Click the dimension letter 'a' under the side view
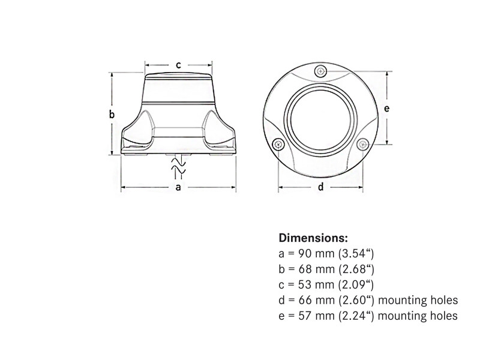click(x=178, y=187)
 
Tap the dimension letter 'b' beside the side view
click(x=112, y=114)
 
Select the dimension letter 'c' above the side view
click(x=178, y=65)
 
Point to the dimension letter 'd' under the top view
click(x=321, y=187)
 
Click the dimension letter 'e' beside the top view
click(x=386, y=108)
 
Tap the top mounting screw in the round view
click(x=321, y=71)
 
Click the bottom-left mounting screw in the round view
click(x=277, y=144)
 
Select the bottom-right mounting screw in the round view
click(x=364, y=144)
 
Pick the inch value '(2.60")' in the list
click(x=356, y=299)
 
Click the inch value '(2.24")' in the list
click(x=356, y=315)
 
